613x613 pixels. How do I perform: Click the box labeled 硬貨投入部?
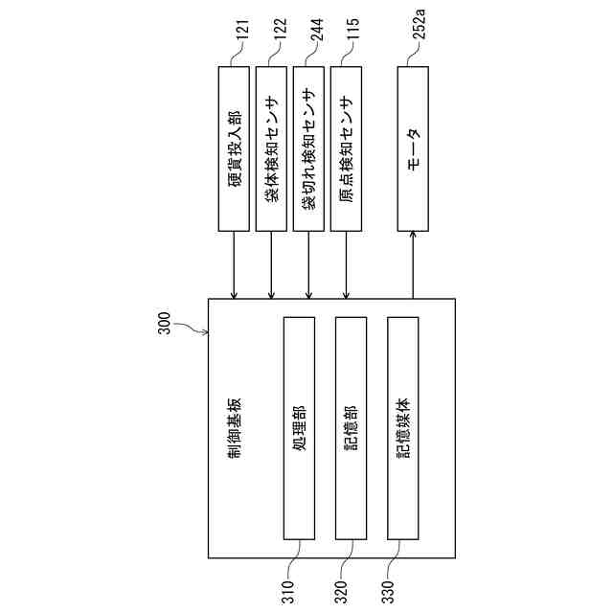tap(234, 148)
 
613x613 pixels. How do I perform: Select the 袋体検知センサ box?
tap(271, 148)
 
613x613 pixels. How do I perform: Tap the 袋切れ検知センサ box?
tap(308, 148)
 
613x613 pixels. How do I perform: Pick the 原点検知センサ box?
tap(346, 148)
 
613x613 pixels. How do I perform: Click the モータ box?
tap(413, 148)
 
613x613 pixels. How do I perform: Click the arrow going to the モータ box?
tap(413, 264)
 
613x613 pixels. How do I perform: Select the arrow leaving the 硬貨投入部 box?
tap(234, 264)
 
